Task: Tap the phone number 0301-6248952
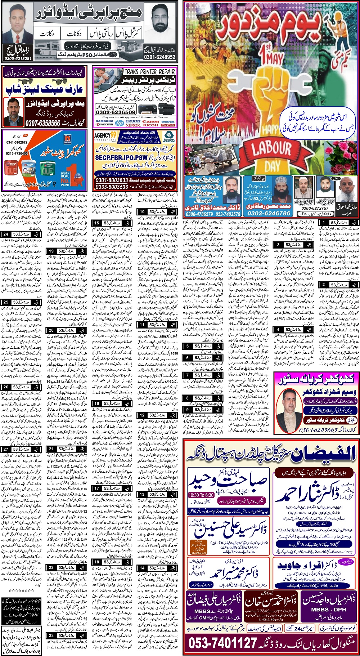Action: click(x=159, y=57)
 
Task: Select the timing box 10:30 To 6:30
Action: click(x=201, y=495)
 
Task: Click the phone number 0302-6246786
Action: click(x=269, y=213)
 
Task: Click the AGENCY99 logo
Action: click(x=105, y=135)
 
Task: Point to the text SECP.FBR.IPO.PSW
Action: click(x=121, y=157)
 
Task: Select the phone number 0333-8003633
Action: click(x=112, y=187)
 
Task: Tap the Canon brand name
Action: click(x=150, y=121)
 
